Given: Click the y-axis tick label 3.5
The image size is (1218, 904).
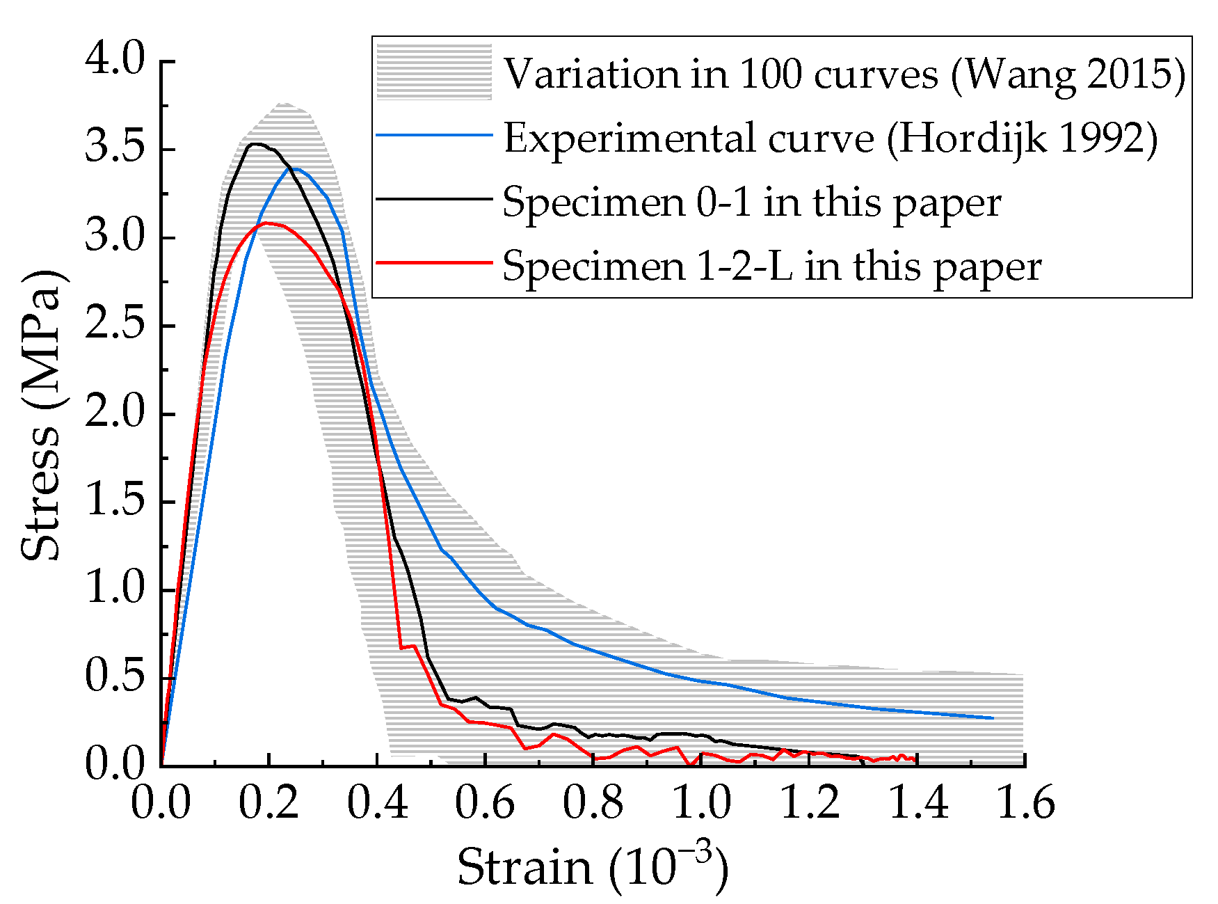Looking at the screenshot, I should pos(115,150).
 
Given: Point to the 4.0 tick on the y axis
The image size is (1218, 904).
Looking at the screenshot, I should pos(115,61).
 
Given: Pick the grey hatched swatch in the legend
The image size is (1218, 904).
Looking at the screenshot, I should pos(434,72).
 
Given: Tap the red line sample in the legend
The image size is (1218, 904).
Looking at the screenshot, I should pos(434,263).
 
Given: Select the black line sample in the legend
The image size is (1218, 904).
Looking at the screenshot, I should pos(434,199).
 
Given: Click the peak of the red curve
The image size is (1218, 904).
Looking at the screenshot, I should pos(267,223).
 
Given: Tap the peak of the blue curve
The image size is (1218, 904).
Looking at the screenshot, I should pos(295,168).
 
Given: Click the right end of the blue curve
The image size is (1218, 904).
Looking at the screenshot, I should pos(992,717).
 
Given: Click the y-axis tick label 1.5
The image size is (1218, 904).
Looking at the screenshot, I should pos(115,502).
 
